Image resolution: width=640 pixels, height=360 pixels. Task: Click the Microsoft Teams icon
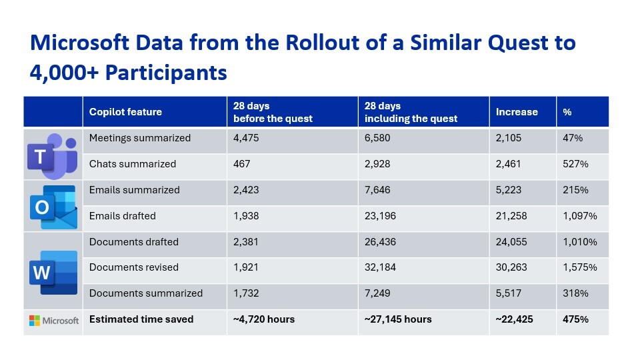click(53, 154)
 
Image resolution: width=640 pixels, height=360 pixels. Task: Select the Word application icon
click(53, 271)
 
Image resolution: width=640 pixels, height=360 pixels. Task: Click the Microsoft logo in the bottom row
click(53, 321)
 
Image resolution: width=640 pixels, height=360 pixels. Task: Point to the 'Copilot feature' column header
click(125, 112)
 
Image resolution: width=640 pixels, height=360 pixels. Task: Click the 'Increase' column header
click(517, 112)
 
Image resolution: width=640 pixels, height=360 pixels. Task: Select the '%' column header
click(567, 112)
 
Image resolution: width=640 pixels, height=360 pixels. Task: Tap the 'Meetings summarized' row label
click(140, 138)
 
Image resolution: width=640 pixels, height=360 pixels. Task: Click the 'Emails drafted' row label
click(123, 215)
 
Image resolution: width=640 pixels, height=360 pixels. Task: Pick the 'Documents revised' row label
click(134, 267)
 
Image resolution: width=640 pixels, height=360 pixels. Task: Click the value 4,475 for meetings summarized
click(246, 138)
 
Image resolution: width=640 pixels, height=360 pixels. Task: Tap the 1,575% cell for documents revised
click(580, 267)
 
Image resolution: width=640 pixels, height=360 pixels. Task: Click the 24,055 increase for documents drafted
click(513, 241)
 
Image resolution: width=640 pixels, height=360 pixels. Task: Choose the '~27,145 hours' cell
click(398, 319)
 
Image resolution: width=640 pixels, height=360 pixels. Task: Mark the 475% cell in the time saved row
click(575, 319)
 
